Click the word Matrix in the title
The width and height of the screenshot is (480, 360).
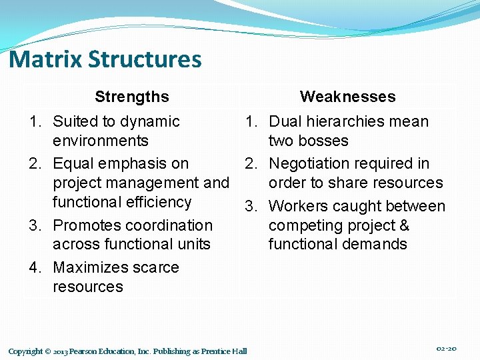pos(45,59)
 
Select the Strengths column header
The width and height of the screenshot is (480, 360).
pos(132,97)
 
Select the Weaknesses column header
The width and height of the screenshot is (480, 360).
pos(347,97)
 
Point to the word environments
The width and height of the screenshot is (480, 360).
pos(101,141)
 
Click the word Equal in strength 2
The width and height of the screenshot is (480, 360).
pos(75,164)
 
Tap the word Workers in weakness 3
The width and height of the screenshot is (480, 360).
pos(297,207)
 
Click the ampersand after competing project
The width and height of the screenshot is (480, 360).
pos(405,225)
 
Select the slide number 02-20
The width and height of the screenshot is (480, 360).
pos(446,349)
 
